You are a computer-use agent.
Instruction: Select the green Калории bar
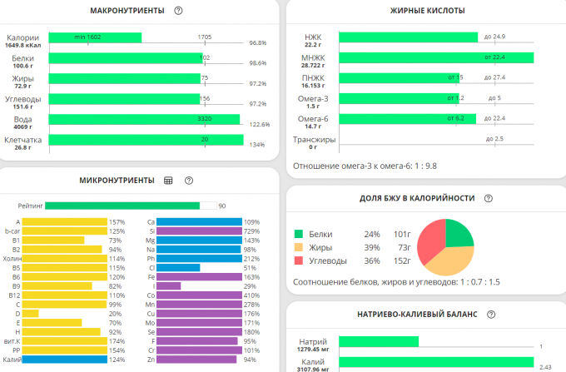pyautogui.click(x=95, y=37)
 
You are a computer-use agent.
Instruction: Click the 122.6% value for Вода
pyautogui.click(x=257, y=124)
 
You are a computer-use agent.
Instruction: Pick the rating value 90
pyautogui.click(x=222, y=205)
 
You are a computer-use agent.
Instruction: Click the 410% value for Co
pyautogui.click(x=251, y=295)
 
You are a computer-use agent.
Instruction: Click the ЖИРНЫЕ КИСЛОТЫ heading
pyautogui.click(x=428, y=11)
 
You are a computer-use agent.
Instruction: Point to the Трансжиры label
pyautogui.click(x=315, y=139)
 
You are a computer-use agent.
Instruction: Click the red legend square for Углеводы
pyautogui.click(x=299, y=261)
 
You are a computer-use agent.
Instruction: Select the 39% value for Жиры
pyautogui.click(x=370, y=247)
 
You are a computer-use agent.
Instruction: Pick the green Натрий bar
pyautogui.click(x=380, y=341)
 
